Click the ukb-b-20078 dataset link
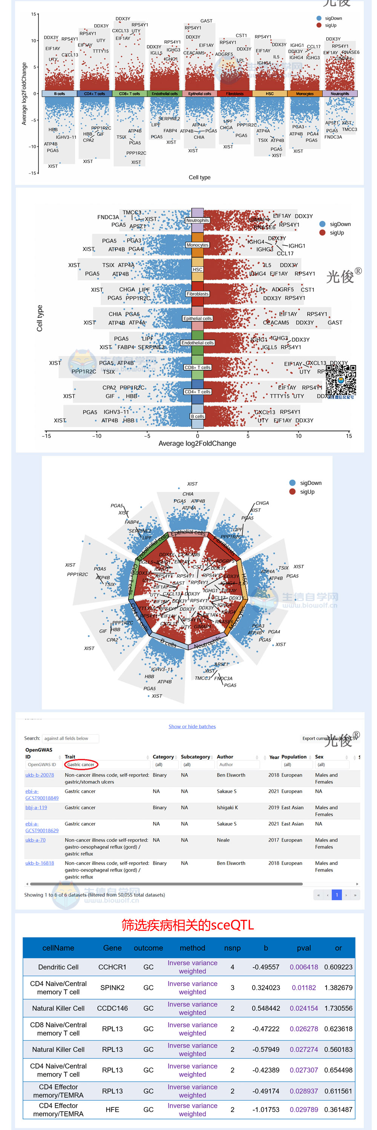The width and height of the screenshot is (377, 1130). (40, 775)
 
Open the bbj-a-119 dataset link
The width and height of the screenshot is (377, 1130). (36, 807)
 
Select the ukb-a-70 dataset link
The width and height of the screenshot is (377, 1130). (35, 840)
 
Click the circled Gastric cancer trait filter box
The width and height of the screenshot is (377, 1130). (81, 765)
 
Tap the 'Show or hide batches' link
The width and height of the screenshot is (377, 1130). (192, 726)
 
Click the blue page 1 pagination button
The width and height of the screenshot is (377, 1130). (337, 895)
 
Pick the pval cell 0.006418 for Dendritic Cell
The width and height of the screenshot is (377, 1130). (304, 967)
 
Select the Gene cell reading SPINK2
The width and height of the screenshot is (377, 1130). (112, 988)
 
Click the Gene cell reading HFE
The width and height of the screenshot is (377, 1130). (112, 1109)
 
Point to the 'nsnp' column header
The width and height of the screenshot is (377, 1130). (232, 948)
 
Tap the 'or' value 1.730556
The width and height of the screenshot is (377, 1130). (338, 1008)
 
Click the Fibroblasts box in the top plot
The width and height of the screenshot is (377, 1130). (235, 93)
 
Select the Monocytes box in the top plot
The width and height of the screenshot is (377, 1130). (305, 93)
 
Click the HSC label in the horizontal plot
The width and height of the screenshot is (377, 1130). (198, 270)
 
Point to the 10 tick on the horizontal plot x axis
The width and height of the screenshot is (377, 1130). (299, 436)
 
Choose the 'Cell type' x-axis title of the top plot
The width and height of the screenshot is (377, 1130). (199, 177)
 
